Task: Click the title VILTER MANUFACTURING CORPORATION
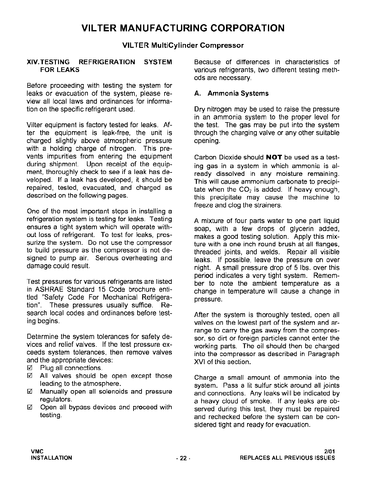tap(183, 28)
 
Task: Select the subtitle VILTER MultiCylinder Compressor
tap(183, 46)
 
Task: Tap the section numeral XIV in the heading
tap(33, 62)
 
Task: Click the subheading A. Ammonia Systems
tap(231, 93)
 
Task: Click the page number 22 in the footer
tap(183, 458)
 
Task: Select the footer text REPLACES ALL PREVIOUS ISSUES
tap(287, 458)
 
